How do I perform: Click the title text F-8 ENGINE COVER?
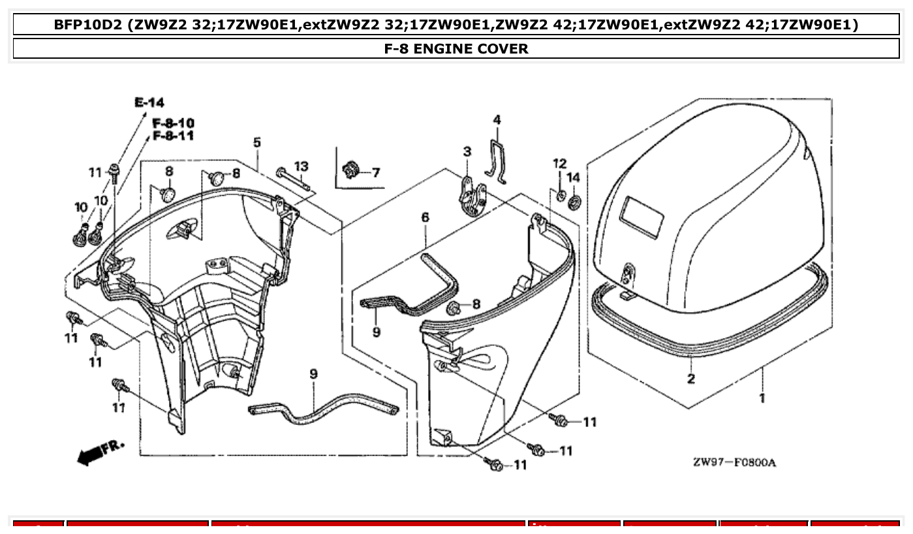tap(456, 48)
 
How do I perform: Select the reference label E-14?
tap(149, 102)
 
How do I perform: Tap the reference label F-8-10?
tap(173, 123)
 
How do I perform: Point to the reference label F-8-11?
tap(173, 136)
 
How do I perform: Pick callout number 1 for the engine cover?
tap(762, 398)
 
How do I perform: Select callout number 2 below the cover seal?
tap(690, 379)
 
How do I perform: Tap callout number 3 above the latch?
tap(467, 152)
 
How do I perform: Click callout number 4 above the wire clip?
tap(497, 120)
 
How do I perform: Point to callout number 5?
tap(257, 142)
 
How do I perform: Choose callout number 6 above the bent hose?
tap(425, 217)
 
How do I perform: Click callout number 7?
tap(375, 173)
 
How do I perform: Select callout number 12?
tap(560, 163)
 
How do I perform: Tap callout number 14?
tap(573, 178)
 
